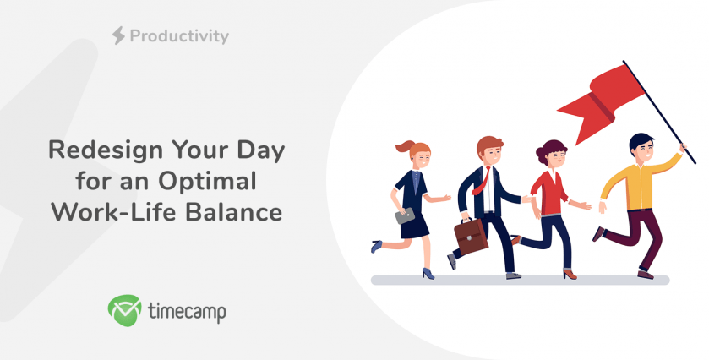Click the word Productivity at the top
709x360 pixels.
[179, 36]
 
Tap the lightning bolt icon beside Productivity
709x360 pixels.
[118, 35]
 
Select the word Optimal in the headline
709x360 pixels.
[207, 182]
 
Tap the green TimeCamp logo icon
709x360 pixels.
[124, 310]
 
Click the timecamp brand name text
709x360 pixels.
[187, 311]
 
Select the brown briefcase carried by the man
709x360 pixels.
[471, 236]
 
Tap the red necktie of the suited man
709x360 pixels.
[481, 181]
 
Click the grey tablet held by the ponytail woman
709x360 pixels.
[405, 215]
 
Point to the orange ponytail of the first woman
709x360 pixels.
[404, 146]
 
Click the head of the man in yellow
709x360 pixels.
[642, 147]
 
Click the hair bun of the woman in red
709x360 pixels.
[541, 155]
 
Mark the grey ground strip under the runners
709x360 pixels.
[520, 281]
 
